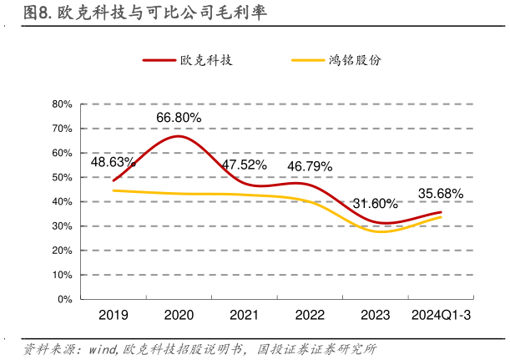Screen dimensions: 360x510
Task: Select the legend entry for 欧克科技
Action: click(x=187, y=61)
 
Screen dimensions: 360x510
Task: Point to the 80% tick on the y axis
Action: click(x=63, y=104)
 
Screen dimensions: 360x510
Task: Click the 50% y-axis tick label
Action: click(x=63, y=177)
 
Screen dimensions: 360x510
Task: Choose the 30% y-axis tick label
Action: click(x=63, y=226)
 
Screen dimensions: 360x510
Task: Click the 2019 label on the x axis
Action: click(x=113, y=315)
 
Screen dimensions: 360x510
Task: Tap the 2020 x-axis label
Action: click(x=178, y=315)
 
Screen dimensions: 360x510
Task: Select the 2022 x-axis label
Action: click(x=310, y=315)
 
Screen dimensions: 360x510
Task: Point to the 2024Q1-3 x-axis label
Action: click(x=440, y=315)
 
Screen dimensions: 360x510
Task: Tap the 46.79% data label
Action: click(x=310, y=166)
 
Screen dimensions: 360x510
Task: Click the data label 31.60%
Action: click(x=375, y=204)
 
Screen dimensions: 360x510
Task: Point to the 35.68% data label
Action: click(x=441, y=194)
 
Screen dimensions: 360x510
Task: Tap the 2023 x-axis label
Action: click(x=375, y=315)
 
